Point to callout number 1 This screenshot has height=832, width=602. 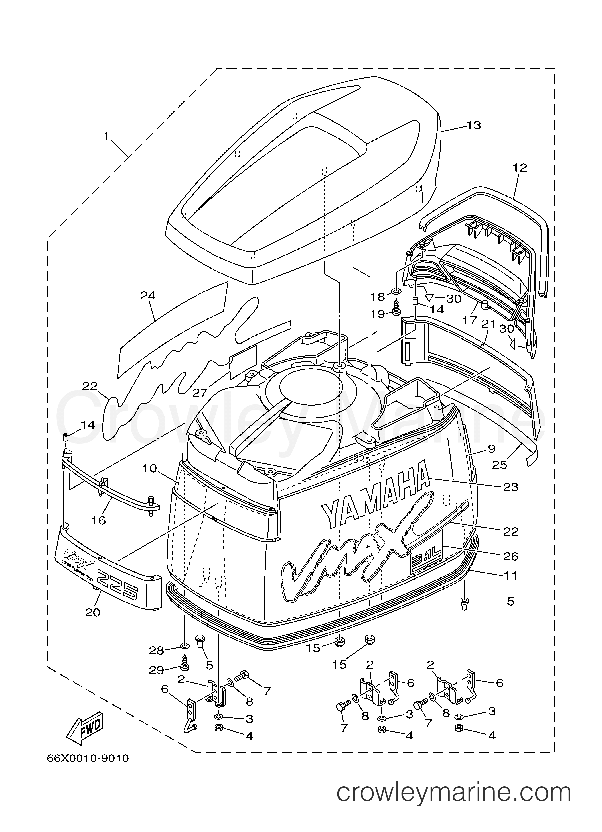click(x=106, y=136)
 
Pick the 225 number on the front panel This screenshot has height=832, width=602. click(x=118, y=591)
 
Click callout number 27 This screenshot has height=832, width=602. click(x=200, y=393)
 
